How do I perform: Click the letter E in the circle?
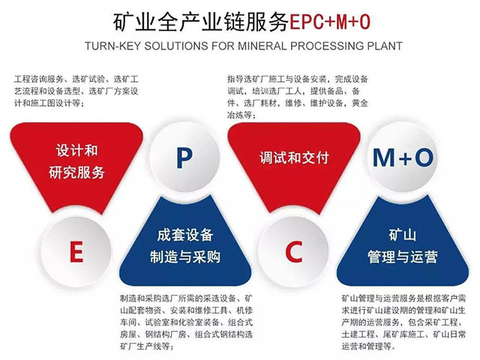tap(76, 253)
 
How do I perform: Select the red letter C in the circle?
tap(293, 253)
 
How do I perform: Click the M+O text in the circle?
tap(403, 157)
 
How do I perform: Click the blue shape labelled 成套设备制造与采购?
tap(184, 244)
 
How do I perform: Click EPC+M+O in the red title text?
tap(328, 22)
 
